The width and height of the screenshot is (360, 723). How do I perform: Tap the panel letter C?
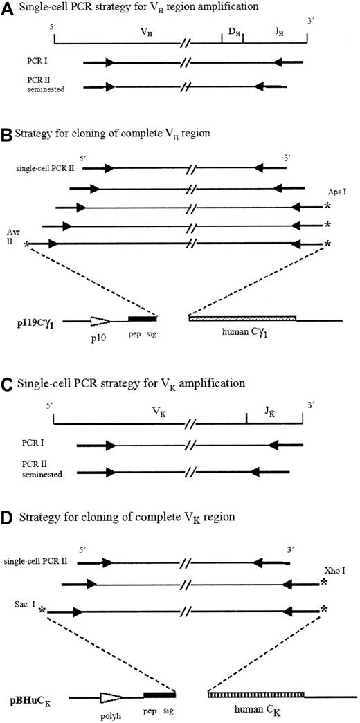pyautogui.click(x=7, y=381)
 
